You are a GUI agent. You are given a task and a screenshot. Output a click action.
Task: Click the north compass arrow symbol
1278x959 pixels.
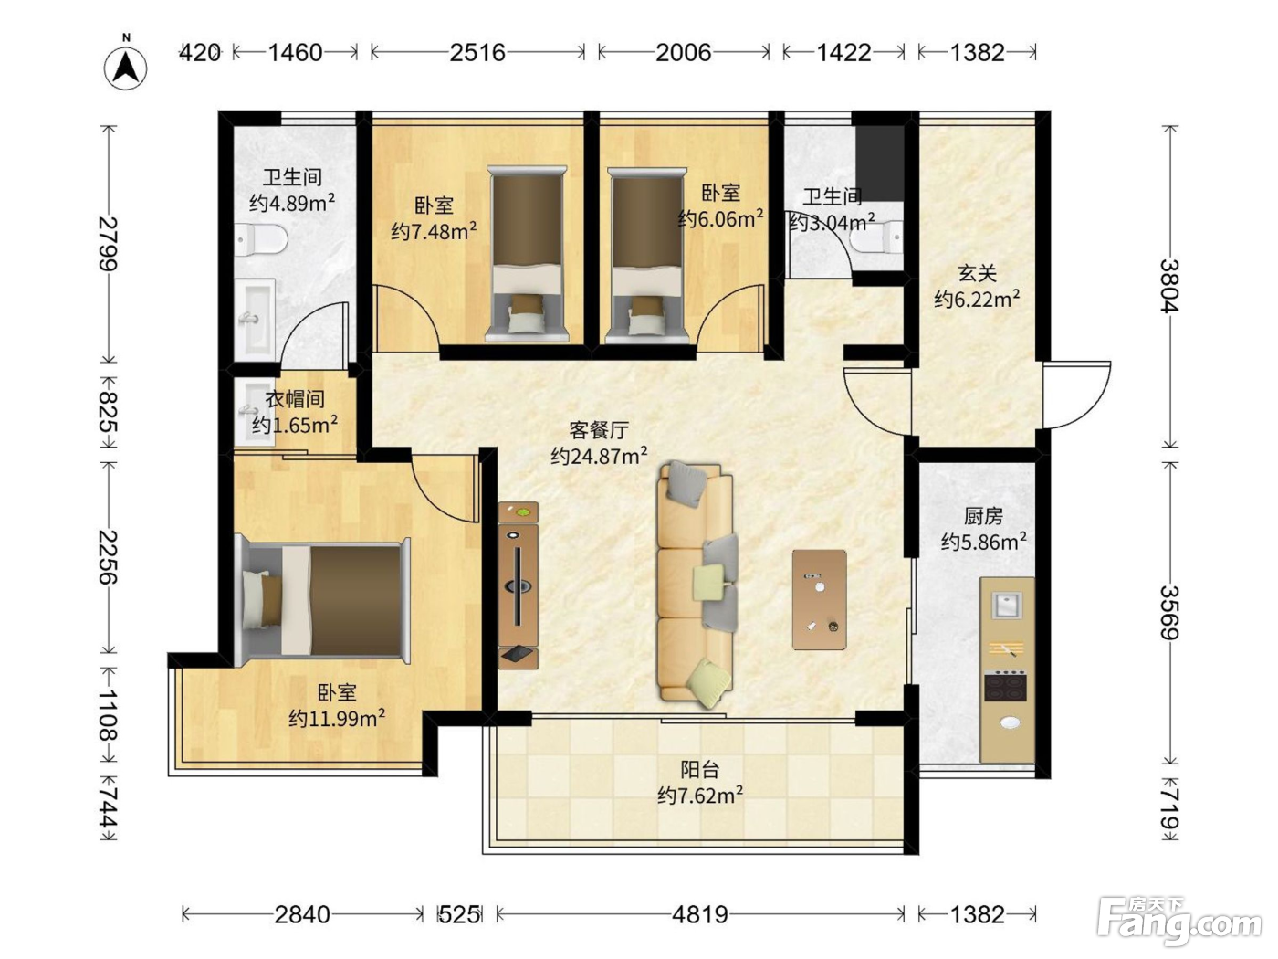click(125, 68)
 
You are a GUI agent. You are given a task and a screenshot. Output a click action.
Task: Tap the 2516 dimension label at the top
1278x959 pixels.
click(477, 53)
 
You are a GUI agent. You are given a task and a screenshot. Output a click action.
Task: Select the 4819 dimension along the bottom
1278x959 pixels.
click(700, 915)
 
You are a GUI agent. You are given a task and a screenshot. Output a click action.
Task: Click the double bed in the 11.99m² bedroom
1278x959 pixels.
click(322, 600)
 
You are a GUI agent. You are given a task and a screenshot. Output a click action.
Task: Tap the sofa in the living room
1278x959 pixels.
click(696, 584)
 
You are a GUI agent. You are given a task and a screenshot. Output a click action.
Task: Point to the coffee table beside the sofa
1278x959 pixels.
click(819, 600)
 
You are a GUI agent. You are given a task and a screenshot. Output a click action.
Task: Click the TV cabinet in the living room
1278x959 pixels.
click(518, 585)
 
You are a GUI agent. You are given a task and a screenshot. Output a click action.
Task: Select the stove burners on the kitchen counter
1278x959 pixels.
click(1006, 687)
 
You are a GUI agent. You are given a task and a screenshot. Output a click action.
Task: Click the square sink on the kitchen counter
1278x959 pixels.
click(1007, 605)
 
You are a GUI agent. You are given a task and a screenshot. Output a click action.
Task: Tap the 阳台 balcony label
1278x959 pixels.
click(700, 770)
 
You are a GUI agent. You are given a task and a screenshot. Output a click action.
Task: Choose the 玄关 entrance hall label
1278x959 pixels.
click(978, 273)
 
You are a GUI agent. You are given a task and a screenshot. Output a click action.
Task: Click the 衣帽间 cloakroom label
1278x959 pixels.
click(295, 399)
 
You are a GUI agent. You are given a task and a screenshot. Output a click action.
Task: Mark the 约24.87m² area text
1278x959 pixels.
click(599, 456)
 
